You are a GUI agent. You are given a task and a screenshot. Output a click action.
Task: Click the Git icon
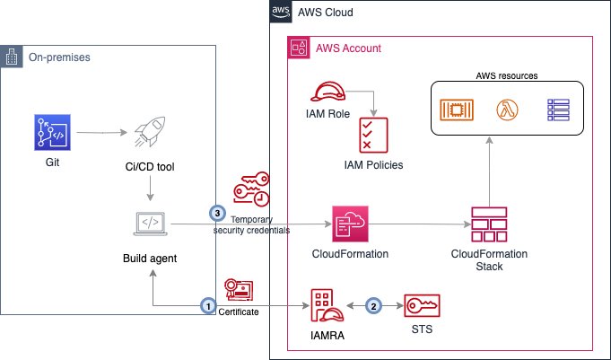tap(48, 131)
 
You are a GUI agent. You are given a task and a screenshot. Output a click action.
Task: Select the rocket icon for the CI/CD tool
tap(145, 135)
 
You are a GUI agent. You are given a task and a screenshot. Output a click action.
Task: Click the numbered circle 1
tap(208, 306)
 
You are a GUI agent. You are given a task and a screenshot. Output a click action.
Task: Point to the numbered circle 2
tap(375, 305)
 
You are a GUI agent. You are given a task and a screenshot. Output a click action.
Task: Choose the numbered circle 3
tap(216, 213)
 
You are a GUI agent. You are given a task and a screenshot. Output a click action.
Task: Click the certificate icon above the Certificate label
tap(239, 289)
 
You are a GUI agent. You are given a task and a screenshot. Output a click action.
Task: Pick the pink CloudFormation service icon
tap(346, 221)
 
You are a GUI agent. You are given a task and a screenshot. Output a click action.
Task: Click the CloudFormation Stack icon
tap(489, 224)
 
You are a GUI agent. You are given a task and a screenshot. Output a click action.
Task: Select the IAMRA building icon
tap(326, 307)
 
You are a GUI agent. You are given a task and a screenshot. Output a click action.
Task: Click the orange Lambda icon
tap(508, 110)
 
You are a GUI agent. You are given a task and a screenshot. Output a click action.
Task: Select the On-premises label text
tap(59, 57)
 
